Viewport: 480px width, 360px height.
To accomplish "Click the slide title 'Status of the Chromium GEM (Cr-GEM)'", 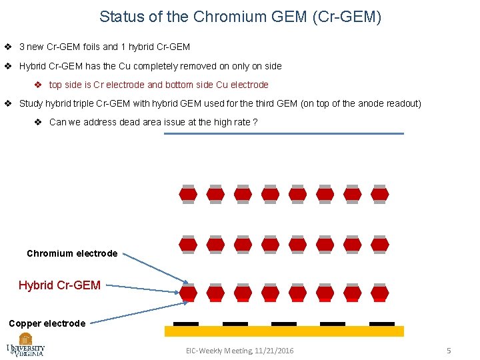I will (240, 17).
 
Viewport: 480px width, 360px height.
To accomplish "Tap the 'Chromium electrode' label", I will (72, 253).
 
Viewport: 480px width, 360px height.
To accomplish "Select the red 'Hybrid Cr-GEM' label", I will (60, 285).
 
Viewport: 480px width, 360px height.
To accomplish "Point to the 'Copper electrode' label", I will (47, 323).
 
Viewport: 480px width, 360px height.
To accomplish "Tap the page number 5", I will (449, 351).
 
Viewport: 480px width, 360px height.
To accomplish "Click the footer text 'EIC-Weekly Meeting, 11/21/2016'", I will (240, 351).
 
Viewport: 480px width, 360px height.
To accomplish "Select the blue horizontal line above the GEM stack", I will (284, 133).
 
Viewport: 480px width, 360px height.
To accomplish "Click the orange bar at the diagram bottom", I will (284, 331).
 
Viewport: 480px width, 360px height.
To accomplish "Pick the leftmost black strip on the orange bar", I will (186, 323).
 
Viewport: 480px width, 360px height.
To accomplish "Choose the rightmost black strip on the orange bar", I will (382, 323).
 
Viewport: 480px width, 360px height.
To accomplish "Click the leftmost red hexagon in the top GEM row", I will (189, 195).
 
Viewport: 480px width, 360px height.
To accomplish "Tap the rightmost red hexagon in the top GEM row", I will (380, 195).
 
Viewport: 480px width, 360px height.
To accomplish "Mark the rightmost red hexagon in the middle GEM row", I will (380, 244).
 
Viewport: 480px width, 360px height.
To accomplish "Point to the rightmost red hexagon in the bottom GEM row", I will (380, 293).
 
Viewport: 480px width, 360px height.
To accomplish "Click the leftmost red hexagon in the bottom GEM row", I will (189, 293).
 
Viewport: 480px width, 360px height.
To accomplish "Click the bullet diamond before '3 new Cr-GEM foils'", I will (7, 47).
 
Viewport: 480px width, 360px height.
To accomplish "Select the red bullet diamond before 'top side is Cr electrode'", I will (38, 85).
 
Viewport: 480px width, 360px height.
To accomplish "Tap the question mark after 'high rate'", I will (255, 122).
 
